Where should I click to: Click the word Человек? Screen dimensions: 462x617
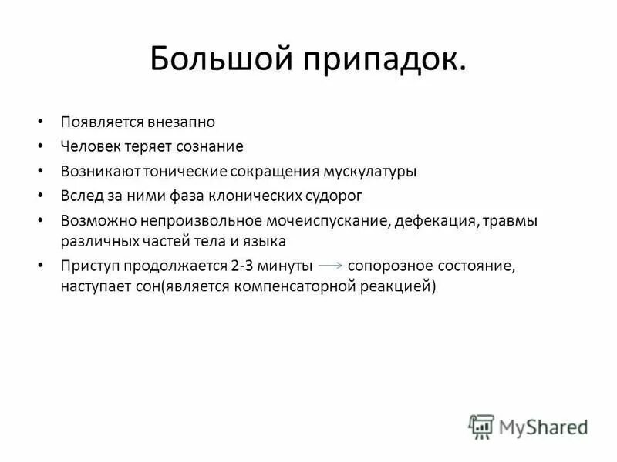93,146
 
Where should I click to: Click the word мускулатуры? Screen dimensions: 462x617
371,171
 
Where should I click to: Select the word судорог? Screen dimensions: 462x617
334,196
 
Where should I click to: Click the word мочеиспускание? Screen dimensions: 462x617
332,220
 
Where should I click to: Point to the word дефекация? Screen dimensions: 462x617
435,220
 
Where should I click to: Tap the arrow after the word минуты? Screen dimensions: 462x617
330,265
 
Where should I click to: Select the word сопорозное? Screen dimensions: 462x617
386,266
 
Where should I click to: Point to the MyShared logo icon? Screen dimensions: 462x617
481,426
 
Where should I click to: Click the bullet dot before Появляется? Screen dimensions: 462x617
40,122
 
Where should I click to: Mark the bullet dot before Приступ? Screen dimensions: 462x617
40,266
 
